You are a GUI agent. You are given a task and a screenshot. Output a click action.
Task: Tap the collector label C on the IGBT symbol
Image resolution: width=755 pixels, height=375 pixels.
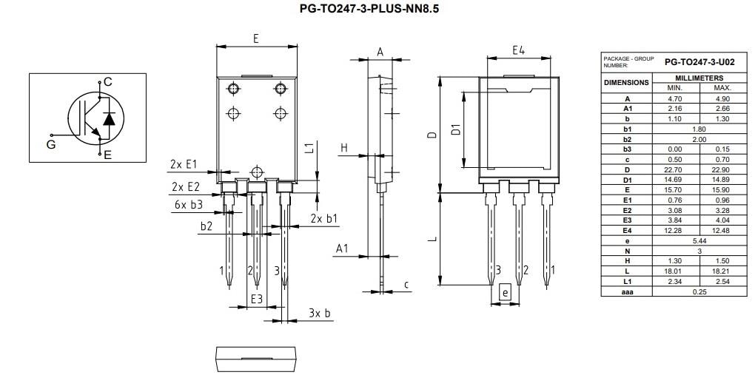[x=108, y=81]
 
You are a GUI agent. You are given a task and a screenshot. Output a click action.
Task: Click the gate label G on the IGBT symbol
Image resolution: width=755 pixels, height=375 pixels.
[x=51, y=144]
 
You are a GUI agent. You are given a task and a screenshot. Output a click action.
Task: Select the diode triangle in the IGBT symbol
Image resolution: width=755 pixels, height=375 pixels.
[x=109, y=118]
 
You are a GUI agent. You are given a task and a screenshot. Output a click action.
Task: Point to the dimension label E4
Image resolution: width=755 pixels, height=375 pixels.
[x=518, y=50]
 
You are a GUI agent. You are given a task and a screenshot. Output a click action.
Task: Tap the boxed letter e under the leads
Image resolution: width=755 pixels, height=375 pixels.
[x=505, y=292]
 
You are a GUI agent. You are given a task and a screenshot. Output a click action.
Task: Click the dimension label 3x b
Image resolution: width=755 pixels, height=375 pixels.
[x=320, y=313]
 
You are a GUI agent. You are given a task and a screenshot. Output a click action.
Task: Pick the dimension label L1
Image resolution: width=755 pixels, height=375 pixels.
[x=310, y=147]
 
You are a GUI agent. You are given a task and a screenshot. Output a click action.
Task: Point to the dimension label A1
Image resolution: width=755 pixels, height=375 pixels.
[x=341, y=249]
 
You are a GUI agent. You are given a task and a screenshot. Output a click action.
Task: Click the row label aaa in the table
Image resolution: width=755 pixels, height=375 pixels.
[x=627, y=291]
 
